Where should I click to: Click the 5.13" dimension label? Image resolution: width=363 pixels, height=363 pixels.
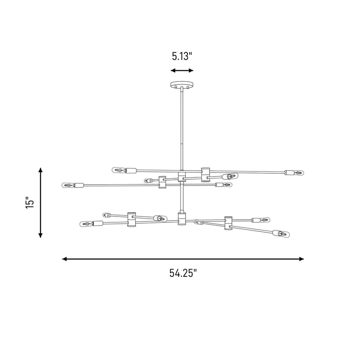[182, 56]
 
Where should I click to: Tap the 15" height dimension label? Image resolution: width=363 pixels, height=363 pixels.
[30, 203]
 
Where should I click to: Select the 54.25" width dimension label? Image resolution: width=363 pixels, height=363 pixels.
[183, 273]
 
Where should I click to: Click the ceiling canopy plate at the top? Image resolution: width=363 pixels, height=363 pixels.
[182, 84]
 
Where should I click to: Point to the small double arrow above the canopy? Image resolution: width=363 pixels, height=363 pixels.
[182, 70]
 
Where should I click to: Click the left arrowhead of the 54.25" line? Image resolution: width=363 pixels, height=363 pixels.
[64, 259]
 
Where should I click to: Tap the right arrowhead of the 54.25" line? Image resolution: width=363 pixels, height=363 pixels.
[301, 259]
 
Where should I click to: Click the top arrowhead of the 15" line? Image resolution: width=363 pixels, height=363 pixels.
[40, 170]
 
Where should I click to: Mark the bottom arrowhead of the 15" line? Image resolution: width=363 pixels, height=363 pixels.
[40, 235]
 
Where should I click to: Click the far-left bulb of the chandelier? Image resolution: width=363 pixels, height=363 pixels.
[68, 186]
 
